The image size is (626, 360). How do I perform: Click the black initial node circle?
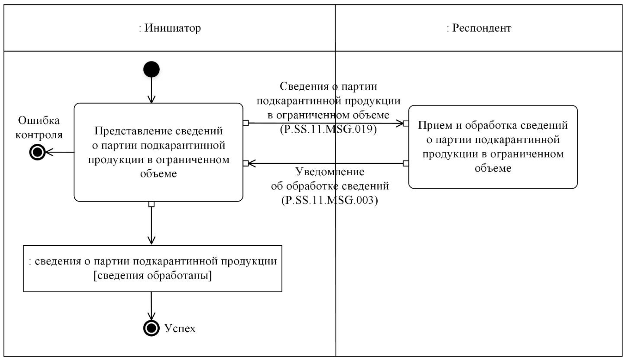click(151, 69)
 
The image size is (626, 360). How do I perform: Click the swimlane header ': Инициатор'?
click(170, 28)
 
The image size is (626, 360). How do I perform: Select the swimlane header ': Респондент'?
click(479, 28)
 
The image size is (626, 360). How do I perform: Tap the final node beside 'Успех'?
click(151, 328)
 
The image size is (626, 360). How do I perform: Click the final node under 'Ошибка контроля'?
click(37, 152)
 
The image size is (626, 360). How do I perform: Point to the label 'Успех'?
click(180, 328)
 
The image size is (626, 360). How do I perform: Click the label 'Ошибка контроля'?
click(39, 128)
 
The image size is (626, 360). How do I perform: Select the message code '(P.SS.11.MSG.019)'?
click(328, 129)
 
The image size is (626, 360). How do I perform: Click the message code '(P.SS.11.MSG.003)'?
click(330, 200)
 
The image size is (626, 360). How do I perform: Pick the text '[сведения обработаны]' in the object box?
click(153, 275)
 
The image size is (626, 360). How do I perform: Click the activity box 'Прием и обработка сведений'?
click(492, 147)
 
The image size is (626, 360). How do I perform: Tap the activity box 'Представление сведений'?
click(158, 152)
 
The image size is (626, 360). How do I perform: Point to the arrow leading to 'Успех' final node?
click(151, 305)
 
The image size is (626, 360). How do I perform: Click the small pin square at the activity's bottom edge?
click(151, 204)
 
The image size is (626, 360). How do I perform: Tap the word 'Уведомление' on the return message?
click(330, 172)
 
